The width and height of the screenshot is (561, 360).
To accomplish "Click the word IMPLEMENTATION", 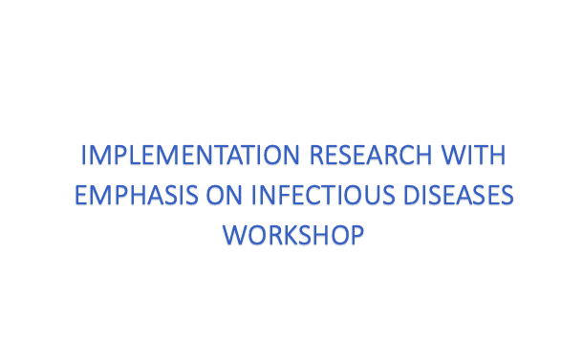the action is coord(190,155).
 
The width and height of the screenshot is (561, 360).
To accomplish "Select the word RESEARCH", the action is coord(371,155).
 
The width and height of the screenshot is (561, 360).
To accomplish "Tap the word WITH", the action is coord(473,155).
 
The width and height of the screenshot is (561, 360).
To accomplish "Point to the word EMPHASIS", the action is coord(137,195).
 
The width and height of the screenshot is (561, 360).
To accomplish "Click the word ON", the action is coord(224,195).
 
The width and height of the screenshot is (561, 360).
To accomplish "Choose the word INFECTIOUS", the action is coord(323,195).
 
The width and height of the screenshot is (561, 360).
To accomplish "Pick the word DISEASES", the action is coord(459,195).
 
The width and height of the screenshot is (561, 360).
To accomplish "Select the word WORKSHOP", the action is coord(293,235).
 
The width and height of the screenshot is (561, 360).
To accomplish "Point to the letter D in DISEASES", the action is coord(412,195).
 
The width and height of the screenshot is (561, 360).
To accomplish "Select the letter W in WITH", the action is coord(455,155).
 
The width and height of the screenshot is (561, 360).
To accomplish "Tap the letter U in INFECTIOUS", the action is coord(372,195).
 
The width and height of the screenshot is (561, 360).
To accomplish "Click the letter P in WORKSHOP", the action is coord(357,235).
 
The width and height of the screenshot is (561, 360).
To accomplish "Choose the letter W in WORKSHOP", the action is coord(236,235).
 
